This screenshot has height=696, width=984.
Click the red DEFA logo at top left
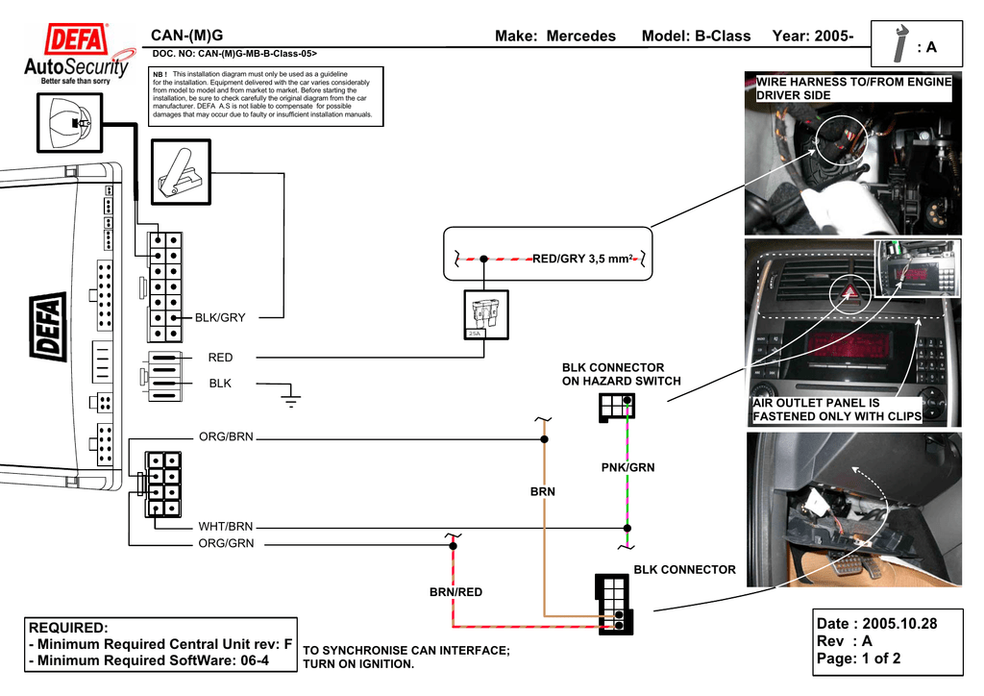79,43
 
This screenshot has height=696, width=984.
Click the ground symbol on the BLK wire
292,394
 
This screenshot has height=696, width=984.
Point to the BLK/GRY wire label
220,317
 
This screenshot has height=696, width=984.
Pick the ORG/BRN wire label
226,436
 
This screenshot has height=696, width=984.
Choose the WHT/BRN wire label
226,527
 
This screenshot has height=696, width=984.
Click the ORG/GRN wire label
226,544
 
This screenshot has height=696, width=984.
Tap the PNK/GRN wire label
627,467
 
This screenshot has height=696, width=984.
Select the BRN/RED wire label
455,592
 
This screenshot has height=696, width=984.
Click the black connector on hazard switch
615,407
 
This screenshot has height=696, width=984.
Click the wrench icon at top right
900,44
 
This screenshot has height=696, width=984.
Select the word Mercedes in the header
580,37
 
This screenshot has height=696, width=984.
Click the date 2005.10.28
899,624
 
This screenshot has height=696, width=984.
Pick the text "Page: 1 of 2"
858,659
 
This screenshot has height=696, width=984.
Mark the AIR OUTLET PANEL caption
837,410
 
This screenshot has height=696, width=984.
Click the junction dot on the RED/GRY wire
483,259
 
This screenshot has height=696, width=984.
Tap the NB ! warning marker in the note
160,74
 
